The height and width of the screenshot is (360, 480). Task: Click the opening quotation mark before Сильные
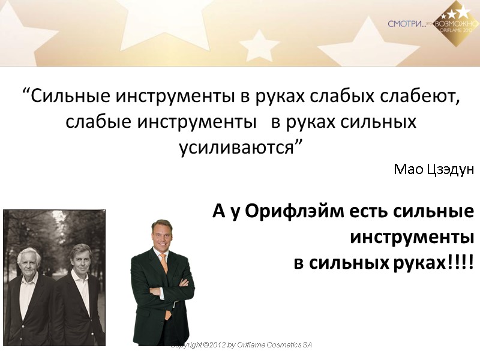(25, 94)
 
